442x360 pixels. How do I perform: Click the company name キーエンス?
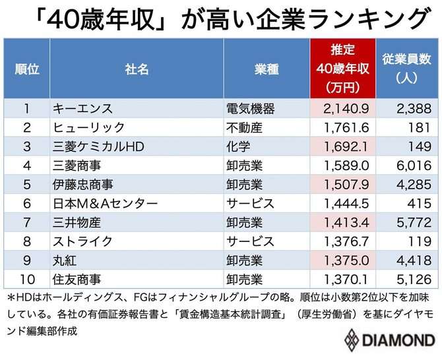tap(82, 108)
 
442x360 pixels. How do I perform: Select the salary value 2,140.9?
tap(342, 108)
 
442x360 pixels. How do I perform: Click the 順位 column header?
tap(27, 69)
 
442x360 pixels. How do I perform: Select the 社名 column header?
tap(136, 69)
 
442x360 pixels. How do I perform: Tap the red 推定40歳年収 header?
tap(342, 69)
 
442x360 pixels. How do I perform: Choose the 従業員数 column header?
tap(407, 69)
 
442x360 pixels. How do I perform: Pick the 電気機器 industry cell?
tap(250, 108)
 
